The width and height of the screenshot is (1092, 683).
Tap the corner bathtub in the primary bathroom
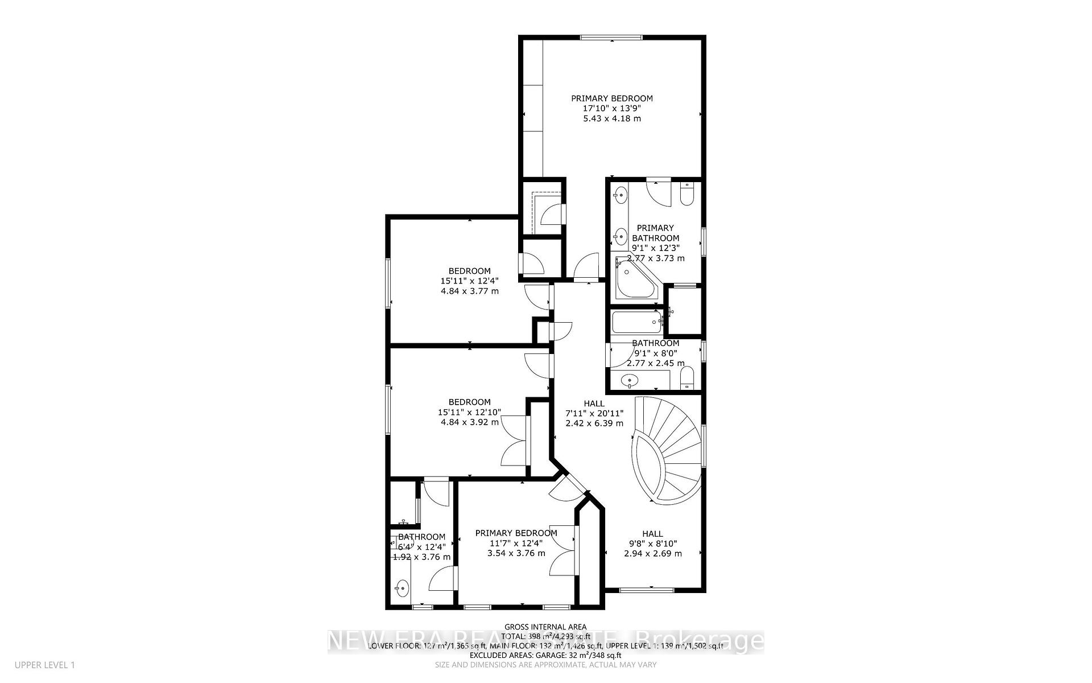tap(635, 281)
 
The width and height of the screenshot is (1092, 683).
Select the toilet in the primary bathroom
tap(686, 195)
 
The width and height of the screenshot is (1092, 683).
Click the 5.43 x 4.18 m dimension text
tap(611, 118)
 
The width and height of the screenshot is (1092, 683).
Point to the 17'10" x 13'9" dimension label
tap(611, 108)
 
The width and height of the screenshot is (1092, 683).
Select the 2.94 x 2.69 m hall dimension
tap(652, 553)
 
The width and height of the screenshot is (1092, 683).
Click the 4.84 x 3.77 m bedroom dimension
tap(469, 291)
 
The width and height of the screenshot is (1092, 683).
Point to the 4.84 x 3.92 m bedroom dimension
tap(469, 422)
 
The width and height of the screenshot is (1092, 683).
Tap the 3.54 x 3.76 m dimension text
tap(516, 553)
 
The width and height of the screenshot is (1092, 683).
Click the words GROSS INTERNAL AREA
tap(545, 627)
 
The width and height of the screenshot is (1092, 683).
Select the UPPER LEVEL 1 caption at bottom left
tap(45, 665)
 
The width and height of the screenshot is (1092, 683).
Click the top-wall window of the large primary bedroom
tap(611, 38)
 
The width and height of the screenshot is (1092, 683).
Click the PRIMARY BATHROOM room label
tap(655, 233)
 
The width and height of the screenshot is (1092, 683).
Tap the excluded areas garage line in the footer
tap(545, 655)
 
